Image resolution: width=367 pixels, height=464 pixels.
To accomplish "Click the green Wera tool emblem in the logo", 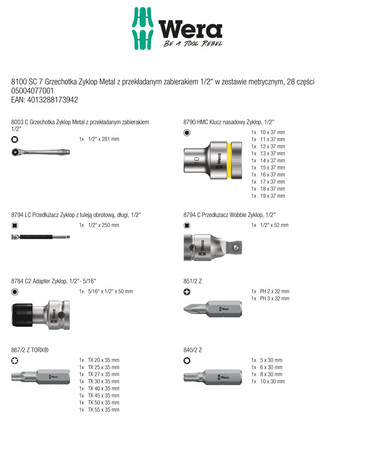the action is pos(143,28).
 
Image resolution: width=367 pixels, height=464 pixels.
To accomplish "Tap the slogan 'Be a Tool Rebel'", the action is pos(193,43).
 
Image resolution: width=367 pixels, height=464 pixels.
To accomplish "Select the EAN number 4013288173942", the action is pos(53,100).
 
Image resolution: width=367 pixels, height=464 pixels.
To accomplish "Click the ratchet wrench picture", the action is pos(40,152).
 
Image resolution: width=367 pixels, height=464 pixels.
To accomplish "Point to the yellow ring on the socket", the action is pos(229,160).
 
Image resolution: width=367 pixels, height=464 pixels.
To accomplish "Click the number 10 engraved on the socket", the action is pos(196,160).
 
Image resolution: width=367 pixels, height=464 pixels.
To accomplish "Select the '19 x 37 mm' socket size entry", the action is pos(272,196).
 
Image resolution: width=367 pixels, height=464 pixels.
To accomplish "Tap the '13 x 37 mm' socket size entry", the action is pos(272,153).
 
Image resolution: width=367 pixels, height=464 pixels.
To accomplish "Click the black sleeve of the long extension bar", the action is pos(36,237).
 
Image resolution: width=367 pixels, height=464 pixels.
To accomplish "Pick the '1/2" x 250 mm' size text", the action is pos(104,225).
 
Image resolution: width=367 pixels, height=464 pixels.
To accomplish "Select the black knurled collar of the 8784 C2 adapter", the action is pos(22,315).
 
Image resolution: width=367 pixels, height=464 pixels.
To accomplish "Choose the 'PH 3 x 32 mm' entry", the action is pos(275,299).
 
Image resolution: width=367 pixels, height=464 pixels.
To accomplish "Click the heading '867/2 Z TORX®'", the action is pos(30,350).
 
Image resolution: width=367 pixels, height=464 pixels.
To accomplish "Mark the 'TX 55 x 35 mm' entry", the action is pos(104,410).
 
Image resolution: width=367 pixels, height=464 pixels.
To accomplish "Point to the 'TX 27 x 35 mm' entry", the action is pos(104,374).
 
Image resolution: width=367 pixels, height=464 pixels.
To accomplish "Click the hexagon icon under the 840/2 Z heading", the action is pos(187,361).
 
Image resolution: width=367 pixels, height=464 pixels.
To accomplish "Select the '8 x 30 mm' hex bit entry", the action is pos(271,374).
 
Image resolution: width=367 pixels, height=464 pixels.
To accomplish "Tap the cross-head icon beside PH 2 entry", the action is pos(187,292).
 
